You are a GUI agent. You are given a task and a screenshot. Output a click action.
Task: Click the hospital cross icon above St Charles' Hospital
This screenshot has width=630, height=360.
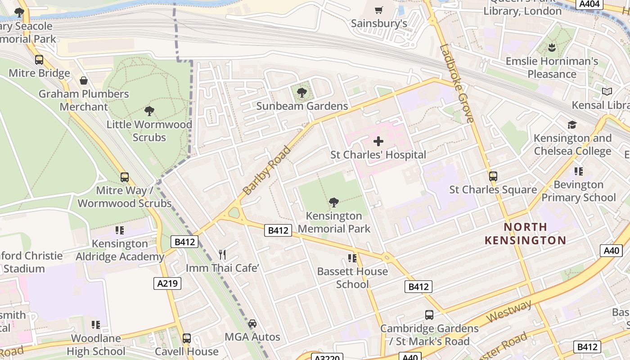point(378,141)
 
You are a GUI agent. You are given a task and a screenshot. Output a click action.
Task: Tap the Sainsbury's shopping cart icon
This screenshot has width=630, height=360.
point(379,10)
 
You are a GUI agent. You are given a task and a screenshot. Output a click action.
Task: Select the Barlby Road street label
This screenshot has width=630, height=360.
point(267,170)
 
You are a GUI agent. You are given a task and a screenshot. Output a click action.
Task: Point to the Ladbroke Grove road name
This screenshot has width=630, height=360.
point(457,83)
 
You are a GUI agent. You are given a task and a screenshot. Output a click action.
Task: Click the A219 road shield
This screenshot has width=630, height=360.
point(167,283)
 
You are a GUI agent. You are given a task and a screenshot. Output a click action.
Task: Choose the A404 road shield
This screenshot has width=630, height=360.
point(589,4)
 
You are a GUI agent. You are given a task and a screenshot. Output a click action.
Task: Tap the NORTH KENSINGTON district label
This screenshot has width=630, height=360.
point(525,234)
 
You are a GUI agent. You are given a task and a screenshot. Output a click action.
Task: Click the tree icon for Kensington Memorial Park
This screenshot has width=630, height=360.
point(333,202)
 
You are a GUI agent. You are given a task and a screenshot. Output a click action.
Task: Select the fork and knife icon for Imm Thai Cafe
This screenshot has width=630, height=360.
point(222,255)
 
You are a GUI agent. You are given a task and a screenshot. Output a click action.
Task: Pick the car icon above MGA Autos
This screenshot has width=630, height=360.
point(252,324)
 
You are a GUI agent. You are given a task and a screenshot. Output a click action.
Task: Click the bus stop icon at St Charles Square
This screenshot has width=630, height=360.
point(493,176)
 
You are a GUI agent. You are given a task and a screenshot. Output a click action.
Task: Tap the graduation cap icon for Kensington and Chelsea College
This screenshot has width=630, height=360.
point(572,125)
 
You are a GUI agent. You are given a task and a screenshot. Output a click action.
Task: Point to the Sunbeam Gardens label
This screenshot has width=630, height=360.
point(302,106)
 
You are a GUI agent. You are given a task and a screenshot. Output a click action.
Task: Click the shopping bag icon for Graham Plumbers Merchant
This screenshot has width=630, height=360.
point(84,81)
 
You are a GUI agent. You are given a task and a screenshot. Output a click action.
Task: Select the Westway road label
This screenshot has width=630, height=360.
point(509,311)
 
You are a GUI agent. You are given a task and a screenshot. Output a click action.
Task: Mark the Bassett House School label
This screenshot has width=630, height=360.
point(352,278)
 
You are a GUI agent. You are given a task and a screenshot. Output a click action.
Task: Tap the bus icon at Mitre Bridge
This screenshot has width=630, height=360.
point(39,60)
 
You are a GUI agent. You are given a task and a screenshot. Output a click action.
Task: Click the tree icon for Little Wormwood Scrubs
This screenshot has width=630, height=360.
point(149,111)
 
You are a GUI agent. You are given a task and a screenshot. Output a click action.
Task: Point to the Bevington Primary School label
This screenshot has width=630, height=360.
point(578,191)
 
